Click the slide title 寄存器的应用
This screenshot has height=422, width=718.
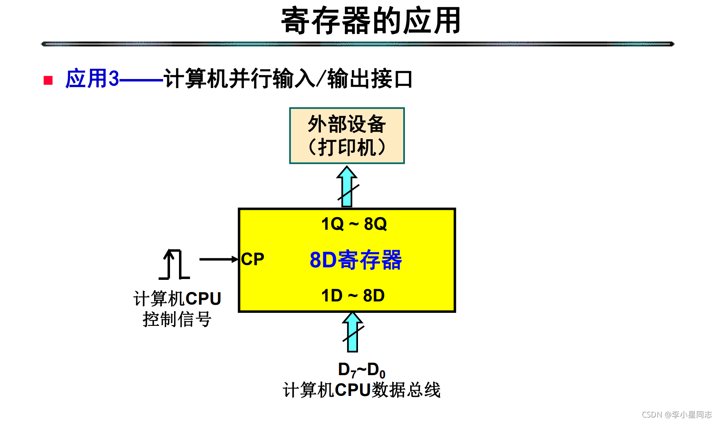(x=371, y=21)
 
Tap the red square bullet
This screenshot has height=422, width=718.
(x=48, y=80)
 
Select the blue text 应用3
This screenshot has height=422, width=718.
(x=92, y=79)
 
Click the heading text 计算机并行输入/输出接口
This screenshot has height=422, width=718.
(x=288, y=79)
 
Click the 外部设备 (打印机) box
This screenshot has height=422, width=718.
(x=347, y=136)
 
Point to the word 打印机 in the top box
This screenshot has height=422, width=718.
(x=347, y=147)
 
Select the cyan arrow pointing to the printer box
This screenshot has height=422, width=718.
(x=347, y=187)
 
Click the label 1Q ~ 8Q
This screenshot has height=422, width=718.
(x=353, y=224)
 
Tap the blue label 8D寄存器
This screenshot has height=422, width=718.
(x=356, y=260)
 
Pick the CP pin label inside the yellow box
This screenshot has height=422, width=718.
(x=252, y=259)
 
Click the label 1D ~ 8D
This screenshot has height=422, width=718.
(x=353, y=296)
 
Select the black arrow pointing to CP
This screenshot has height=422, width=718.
(x=219, y=259)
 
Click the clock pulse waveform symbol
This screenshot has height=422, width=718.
(x=174, y=265)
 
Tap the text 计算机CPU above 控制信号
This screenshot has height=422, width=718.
(x=177, y=299)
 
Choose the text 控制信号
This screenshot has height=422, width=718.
(x=177, y=319)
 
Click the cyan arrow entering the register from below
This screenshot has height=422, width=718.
(x=352, y=332)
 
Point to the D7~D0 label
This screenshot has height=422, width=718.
(x=361, y=370)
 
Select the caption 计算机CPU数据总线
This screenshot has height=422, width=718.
(x=361, y=390)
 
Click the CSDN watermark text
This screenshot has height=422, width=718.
(x=676, y=415)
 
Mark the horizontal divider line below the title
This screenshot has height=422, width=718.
(x=358, y=44)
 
